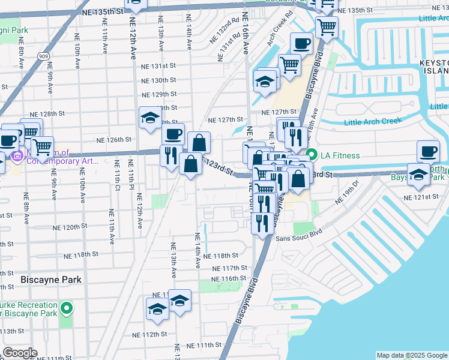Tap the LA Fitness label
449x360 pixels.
click(x=340, y=155)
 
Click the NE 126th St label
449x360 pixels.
click(x=113, y=140)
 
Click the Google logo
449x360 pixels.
click(x=19, y=353)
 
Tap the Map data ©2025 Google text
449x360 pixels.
click(x=411, y=355)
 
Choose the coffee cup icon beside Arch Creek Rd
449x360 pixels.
click(x=301, y=43)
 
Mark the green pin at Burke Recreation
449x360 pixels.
click(x=67, y=309)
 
